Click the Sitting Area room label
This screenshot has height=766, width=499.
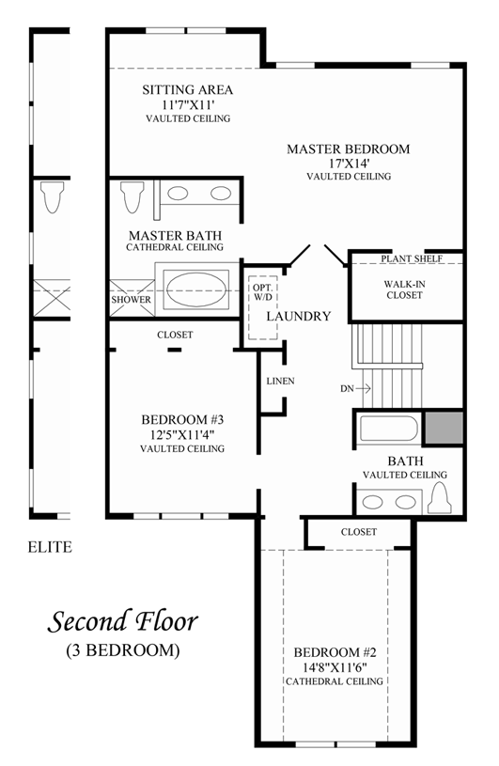click(188, 90)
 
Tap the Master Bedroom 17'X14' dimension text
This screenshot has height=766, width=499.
click(349, 164)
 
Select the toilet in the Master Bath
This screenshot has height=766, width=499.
click(133, 196)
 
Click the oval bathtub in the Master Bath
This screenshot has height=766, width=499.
click(196, 289)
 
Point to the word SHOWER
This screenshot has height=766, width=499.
click(131, 300)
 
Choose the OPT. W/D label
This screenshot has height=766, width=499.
click(263, 291)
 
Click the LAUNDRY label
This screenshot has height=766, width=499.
click(298, 316)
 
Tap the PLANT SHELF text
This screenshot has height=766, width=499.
click(412, 258)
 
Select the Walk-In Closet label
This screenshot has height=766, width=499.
click(403, 289)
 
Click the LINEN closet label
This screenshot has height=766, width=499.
click(281, 381)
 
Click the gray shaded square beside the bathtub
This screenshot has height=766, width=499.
click(443, 428)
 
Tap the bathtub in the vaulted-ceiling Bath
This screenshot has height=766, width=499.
click(389, 429)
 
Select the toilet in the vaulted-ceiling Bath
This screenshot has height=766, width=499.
click(439, 498)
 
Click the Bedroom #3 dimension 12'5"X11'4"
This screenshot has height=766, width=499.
click(181, 434)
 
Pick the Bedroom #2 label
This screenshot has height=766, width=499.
click(335, 652)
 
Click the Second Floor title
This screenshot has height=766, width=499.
click(122, 622)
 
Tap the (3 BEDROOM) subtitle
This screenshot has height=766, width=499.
click(122, 650)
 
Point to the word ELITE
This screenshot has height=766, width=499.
click(50, 547)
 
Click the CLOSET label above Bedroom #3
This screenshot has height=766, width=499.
click(175, 335)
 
